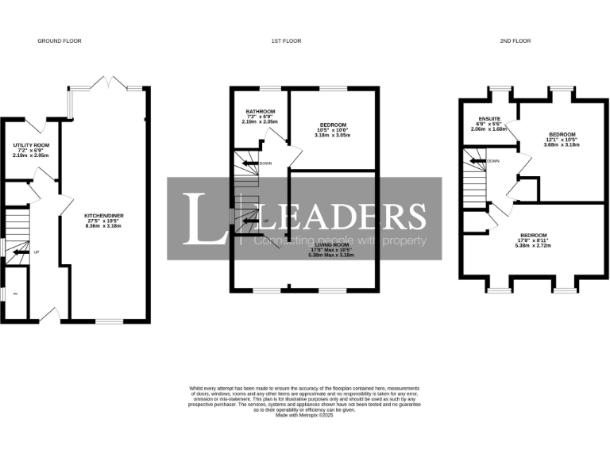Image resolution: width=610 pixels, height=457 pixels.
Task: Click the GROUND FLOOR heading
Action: point(60,40)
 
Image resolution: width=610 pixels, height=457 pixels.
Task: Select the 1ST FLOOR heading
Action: point(304,40)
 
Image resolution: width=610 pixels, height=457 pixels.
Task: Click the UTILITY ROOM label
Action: point(32,145)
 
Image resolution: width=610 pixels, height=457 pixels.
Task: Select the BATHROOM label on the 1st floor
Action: point(260,111)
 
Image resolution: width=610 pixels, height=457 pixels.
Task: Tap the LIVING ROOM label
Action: point(332,246)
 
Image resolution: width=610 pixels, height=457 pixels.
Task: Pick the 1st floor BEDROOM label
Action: point(332,125)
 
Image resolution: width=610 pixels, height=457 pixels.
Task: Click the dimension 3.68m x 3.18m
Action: point(562,144)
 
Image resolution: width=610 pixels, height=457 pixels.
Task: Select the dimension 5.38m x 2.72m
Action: point(533,245)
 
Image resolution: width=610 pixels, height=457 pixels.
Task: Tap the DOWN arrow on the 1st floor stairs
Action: point(252,163)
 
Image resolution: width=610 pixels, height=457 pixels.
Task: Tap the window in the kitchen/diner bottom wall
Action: point(107,321)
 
